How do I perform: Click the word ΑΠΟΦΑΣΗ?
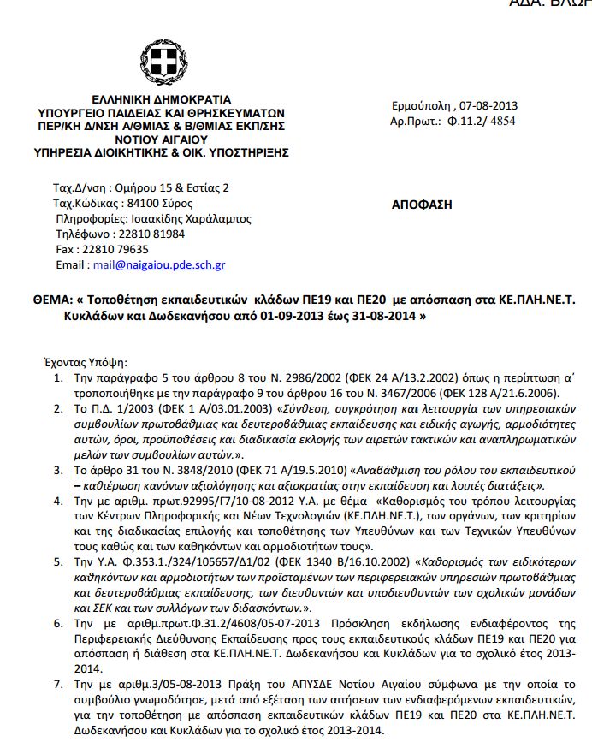click(422, 205)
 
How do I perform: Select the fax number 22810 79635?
click(119, 249)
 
